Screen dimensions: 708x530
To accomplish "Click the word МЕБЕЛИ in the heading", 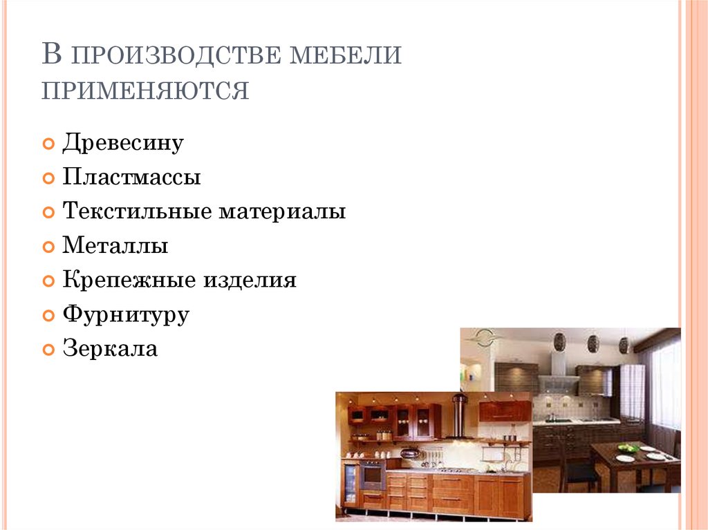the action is [346, 55].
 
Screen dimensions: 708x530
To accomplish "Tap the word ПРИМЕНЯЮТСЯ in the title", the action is [145, 91].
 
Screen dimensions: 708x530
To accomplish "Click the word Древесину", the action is [123, 143].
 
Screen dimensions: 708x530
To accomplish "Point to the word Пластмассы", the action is [131, 176].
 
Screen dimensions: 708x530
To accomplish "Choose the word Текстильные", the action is [138, 211].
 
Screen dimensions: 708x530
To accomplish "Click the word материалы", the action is [283, 211].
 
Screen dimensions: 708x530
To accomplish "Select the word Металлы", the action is [115, 245].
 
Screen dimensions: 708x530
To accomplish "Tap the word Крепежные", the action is [129, 281].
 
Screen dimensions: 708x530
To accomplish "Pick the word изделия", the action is [250, 281].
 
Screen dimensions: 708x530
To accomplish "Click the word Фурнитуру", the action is [126, 315].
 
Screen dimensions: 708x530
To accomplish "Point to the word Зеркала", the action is [110, 348].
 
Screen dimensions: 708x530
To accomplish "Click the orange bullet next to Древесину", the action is [48, 144].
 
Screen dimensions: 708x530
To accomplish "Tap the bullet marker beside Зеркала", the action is [48, 350].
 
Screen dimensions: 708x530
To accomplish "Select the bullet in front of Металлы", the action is [48, 247].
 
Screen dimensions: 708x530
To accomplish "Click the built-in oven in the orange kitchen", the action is [373, 475].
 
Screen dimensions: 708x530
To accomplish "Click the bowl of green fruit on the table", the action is [628, 448].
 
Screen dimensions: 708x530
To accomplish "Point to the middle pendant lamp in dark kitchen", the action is [593, 344].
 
